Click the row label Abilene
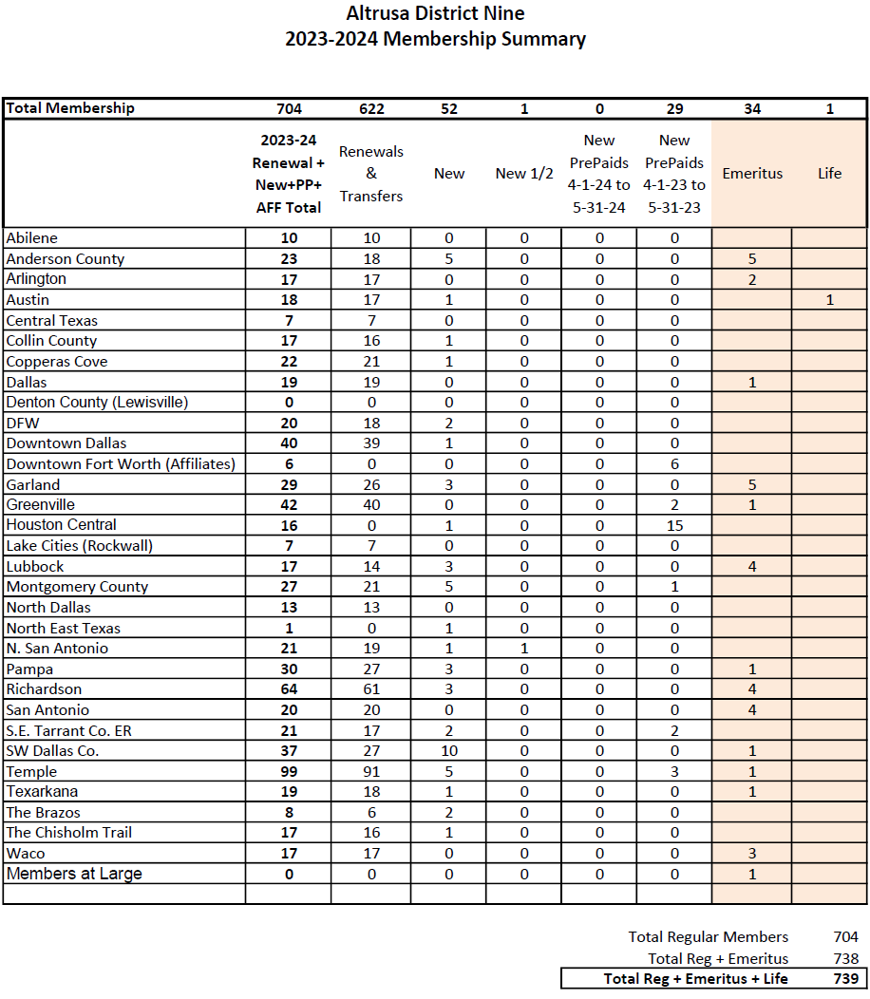click(32, 238)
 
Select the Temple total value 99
click(288, 772)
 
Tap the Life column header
click(829, 174)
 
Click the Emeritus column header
click(752, 174)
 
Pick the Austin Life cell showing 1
click(829, 300)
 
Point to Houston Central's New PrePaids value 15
click(674, 525)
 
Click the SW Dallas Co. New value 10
click(449, 751)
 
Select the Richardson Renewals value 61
click(371, 689)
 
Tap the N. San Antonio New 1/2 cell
click(524, 649)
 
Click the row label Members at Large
click(74, 874)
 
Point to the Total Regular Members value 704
click(845, 937)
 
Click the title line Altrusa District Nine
click(435, 14)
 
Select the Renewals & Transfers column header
click(371, 174)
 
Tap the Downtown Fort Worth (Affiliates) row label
click(121, 464)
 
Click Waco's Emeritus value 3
click(752, 854)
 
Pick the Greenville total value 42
click(288, 505)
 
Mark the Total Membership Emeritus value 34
click(752, 109)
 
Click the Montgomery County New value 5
click(449, 587)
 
